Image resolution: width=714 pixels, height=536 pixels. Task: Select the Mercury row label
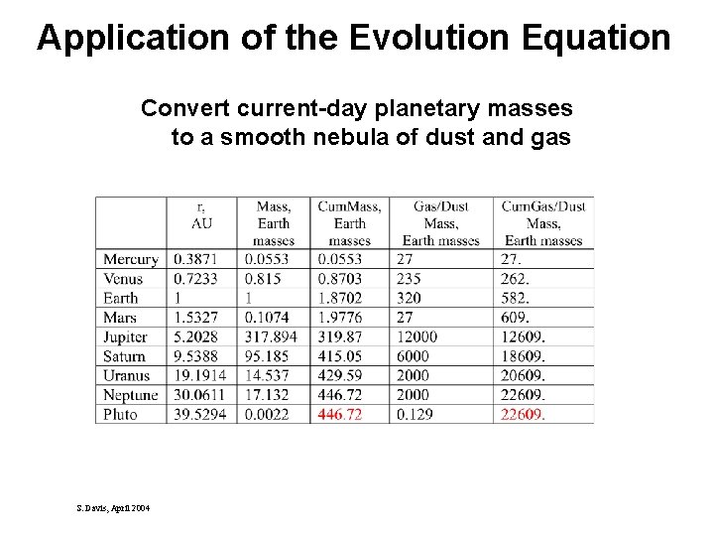(130, 259)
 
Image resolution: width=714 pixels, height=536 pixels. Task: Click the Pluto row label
(120, 414)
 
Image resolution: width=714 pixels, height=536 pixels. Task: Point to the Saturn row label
(124, 356)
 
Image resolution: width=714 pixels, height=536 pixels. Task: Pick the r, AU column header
(201, 214)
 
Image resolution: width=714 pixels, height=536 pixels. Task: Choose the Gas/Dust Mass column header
(440, 222)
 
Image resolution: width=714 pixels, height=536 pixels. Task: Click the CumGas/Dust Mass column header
(542, 222)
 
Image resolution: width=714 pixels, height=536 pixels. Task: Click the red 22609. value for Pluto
(525, 414)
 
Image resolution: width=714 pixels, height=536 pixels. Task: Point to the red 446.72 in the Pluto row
(339, 414)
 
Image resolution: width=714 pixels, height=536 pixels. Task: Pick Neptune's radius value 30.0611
(201, 395)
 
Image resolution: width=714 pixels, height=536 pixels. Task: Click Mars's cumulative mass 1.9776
(339, 318)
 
